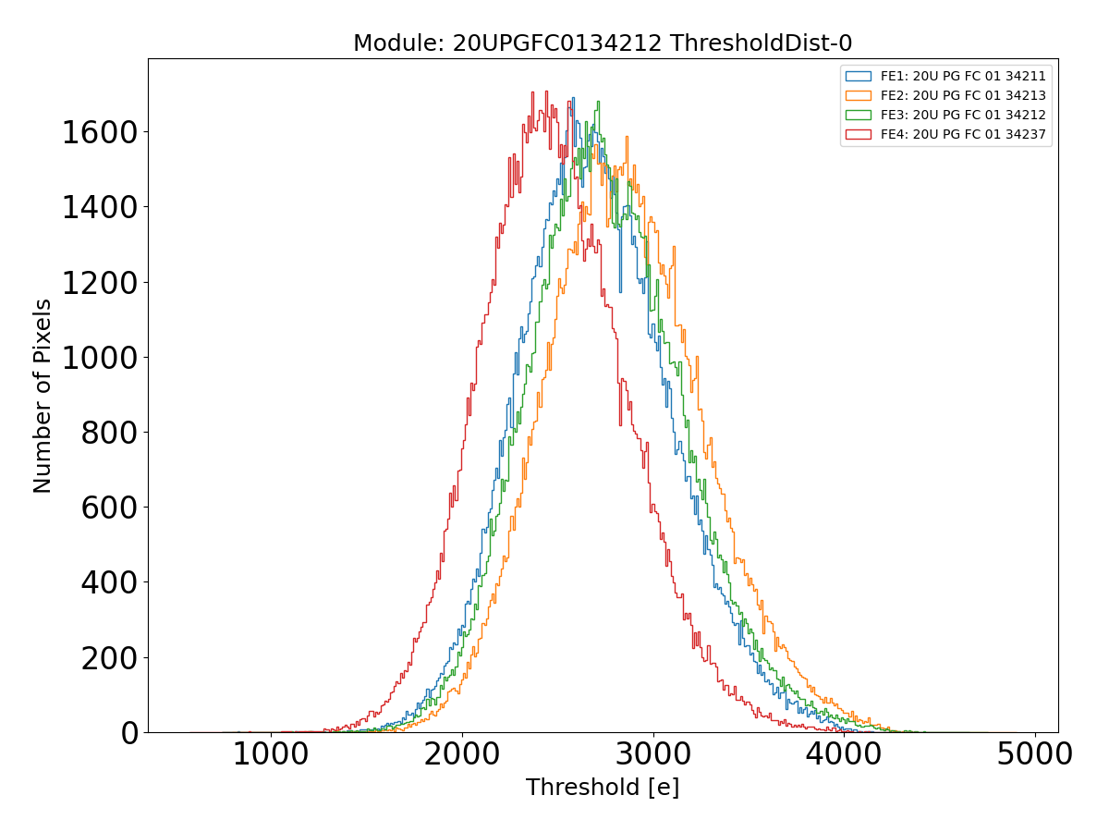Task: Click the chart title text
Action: (603, 43)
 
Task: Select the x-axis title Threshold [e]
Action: (603, 788)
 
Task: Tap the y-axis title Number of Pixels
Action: (43, 396)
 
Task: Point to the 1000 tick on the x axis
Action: (270, 754)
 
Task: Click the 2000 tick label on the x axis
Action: (461, 754)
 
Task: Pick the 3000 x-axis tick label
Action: (652, 754)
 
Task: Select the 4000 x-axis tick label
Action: (844, 754)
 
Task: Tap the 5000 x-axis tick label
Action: (1035, 754)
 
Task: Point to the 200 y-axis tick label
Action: (109, 658)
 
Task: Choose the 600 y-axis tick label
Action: (109, 508)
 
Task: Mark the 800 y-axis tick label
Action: (109, 433)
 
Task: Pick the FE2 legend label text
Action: (963, 95)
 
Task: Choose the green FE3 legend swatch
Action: (859, 115)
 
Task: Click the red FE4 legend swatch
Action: (859, 134)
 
